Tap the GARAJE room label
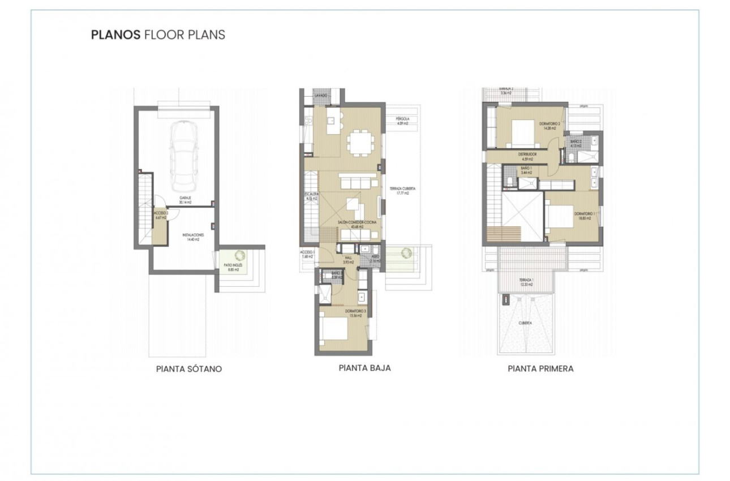click(x=184, y=199)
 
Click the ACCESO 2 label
click(x=159, y=216)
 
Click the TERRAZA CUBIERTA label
click(x=399, y=191)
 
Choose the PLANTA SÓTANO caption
click(x=188, y=369)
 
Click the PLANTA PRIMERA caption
click(x=540, y=368)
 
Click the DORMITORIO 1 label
click(x=582, y=215)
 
